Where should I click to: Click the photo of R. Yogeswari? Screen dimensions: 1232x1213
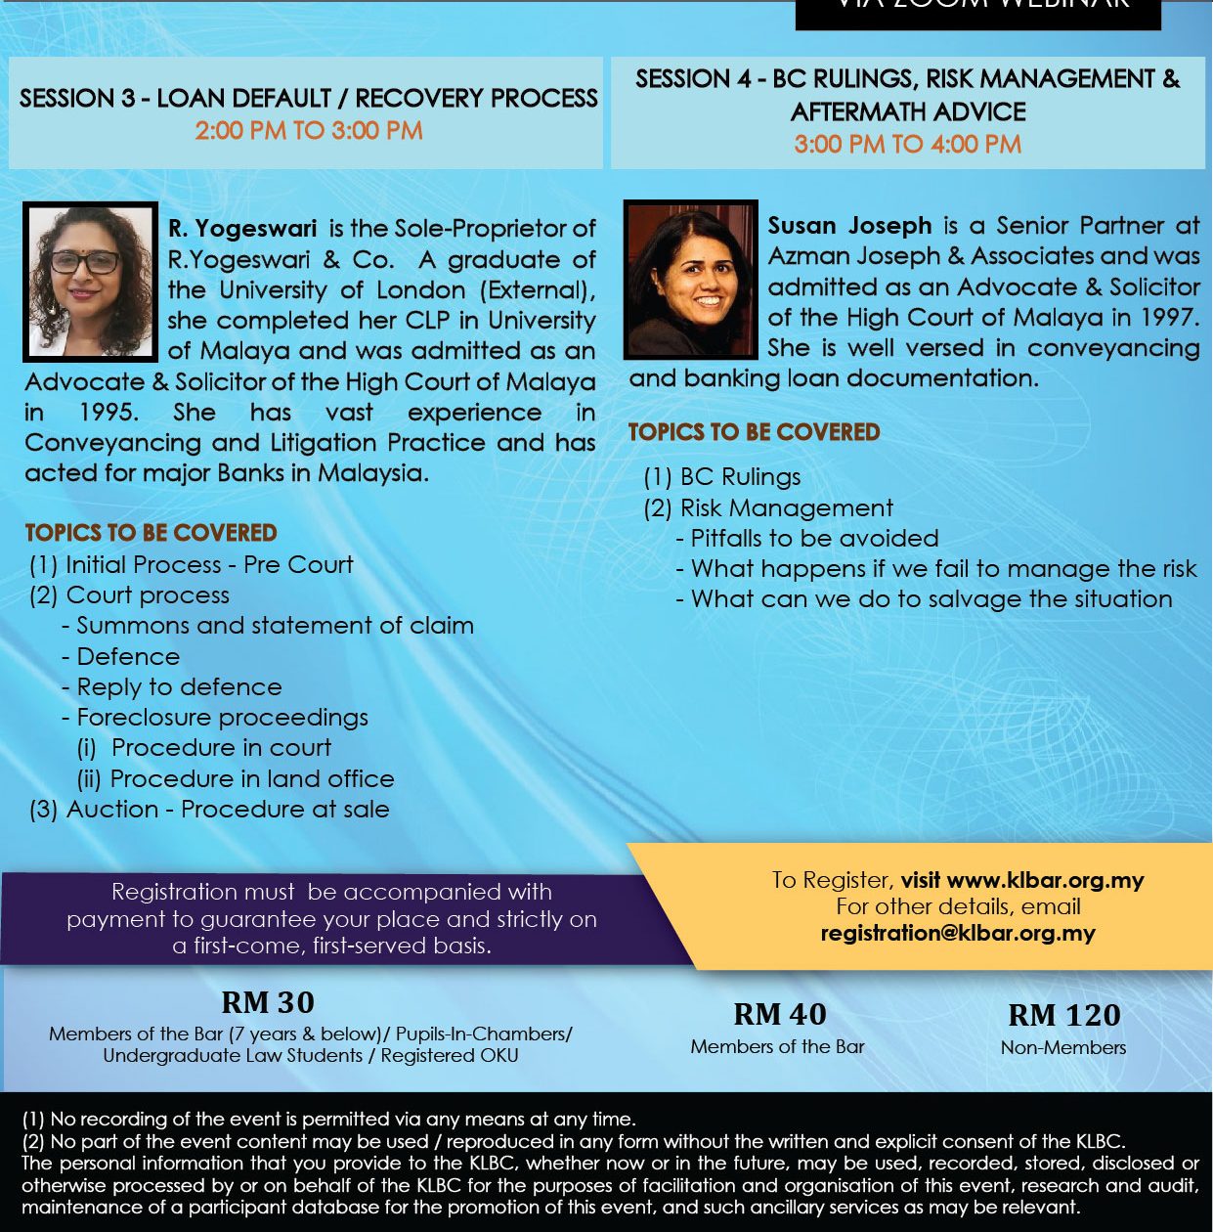[x=90, y=282]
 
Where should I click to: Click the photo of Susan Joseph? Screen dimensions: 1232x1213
[x=691, y=280]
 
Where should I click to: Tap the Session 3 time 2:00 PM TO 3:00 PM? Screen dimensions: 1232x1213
[x=309, y=131]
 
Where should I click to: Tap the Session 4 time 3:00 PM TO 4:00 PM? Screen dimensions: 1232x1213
[x=907, y=145]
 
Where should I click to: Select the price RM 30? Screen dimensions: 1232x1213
[x=268, y=1002]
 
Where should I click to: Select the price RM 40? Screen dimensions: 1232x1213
[x=779, y=1014]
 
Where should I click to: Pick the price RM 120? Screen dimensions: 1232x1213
[x=1063, y=1015]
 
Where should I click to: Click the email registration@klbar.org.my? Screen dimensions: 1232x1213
[x=958, y=933]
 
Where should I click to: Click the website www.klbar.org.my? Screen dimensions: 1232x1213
[x=1045, y=880]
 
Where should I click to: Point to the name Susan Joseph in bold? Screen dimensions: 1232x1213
[x=849, y=226]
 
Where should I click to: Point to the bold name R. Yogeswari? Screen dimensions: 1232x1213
[x=242, y=229]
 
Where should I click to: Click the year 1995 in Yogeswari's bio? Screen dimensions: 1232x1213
[x=108, y=413]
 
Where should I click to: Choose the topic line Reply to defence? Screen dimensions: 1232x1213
[x=179, y=687]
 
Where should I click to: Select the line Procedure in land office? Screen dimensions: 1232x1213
[x=252, y=779]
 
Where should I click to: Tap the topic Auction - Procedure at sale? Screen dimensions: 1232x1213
[x=227, y=810]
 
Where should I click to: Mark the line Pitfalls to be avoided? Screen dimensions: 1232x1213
[x=814, y=539]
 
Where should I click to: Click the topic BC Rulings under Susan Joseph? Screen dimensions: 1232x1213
[x=740, y=477]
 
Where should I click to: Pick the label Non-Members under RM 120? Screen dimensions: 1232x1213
[x=1063, y=1047]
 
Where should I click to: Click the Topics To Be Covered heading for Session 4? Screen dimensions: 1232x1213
[x=754, y=432]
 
